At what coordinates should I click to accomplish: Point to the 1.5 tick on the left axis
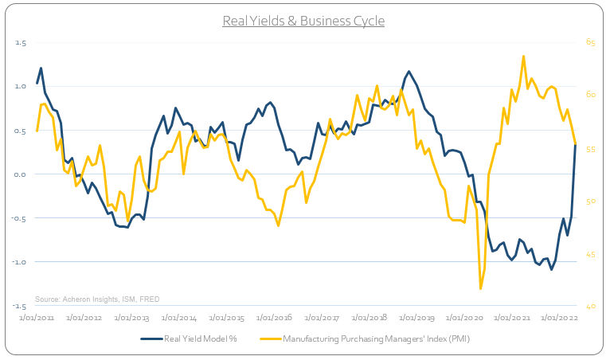22,43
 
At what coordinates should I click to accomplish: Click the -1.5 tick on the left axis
20,306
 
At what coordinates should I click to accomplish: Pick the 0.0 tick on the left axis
22,174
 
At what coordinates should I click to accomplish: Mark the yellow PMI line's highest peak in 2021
523,56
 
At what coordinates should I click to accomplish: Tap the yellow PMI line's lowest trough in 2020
481,288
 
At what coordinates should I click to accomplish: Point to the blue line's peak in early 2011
41,68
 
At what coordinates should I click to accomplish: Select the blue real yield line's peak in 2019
409,72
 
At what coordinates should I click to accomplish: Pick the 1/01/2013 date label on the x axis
131,317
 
